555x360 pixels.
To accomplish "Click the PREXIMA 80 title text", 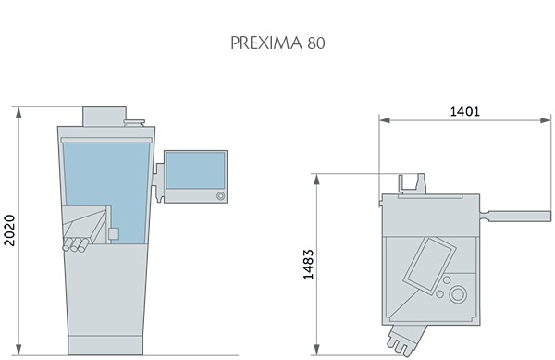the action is (277, 43).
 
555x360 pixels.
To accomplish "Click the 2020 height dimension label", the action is (9, 230).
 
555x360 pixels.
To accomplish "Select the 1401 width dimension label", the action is (464, 112).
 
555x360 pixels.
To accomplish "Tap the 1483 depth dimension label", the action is (308, 265).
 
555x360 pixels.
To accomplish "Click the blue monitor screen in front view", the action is (195, 170).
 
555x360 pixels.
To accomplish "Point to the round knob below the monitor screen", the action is (220, 196).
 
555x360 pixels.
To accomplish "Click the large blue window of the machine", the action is (106, 192).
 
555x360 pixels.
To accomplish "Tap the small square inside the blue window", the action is (113, 233).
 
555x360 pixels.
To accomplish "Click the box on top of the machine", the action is (105, 117).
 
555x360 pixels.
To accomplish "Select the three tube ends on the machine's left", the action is (76, 244).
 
